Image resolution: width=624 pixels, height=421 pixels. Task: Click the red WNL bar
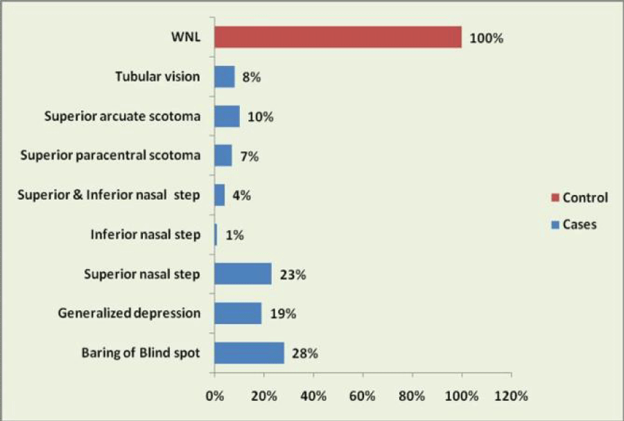tap(338, 37)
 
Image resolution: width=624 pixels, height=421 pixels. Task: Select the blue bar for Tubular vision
tap(225, 76)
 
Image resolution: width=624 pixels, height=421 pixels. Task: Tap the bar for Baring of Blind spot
tap(250, 353)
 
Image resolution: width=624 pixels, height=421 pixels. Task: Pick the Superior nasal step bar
tap(243, 274)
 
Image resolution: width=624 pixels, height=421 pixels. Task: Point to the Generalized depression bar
tap(239, 313)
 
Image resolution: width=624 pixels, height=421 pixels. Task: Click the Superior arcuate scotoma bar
tap(227, 117)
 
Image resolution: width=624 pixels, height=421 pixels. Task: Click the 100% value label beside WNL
tap(486, 38)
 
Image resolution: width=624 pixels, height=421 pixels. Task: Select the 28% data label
tap(305, 353)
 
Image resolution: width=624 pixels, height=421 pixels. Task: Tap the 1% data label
tap(234, 234)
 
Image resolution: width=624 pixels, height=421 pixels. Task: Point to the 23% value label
tap(293, 275)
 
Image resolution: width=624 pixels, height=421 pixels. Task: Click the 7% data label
tap(250, 156)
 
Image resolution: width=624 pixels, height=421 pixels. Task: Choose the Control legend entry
tap(580, 198)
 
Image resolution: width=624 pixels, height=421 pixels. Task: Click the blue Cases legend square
tap(555, 225)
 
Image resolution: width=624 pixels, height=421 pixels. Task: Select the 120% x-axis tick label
tap(511, 396)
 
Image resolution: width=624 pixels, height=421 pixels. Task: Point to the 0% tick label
tap(215, 396)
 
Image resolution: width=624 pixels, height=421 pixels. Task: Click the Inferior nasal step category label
tap(146, 234)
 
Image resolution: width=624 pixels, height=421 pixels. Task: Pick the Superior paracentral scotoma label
tap(110, 155)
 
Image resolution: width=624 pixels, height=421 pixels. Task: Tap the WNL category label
tap(186, 37)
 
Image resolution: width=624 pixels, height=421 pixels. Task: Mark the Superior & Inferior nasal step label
tap(109, 195)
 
